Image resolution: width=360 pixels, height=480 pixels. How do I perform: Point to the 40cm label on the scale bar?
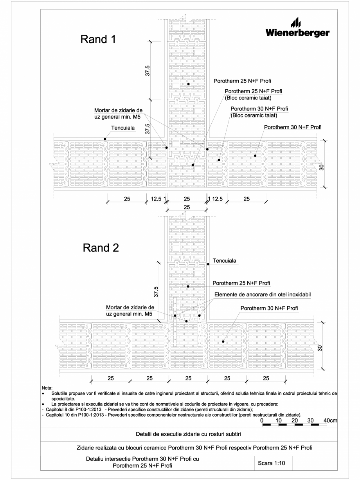(x=331, y=420)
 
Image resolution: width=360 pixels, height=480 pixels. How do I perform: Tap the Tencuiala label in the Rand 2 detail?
(x=226, y=260)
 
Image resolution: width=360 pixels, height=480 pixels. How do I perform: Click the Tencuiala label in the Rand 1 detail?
(x=124, y=128)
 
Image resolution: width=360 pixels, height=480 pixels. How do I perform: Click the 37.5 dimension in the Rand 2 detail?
(x=156, y=291)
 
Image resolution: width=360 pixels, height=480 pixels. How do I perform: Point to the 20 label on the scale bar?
(x=295, y=420)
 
